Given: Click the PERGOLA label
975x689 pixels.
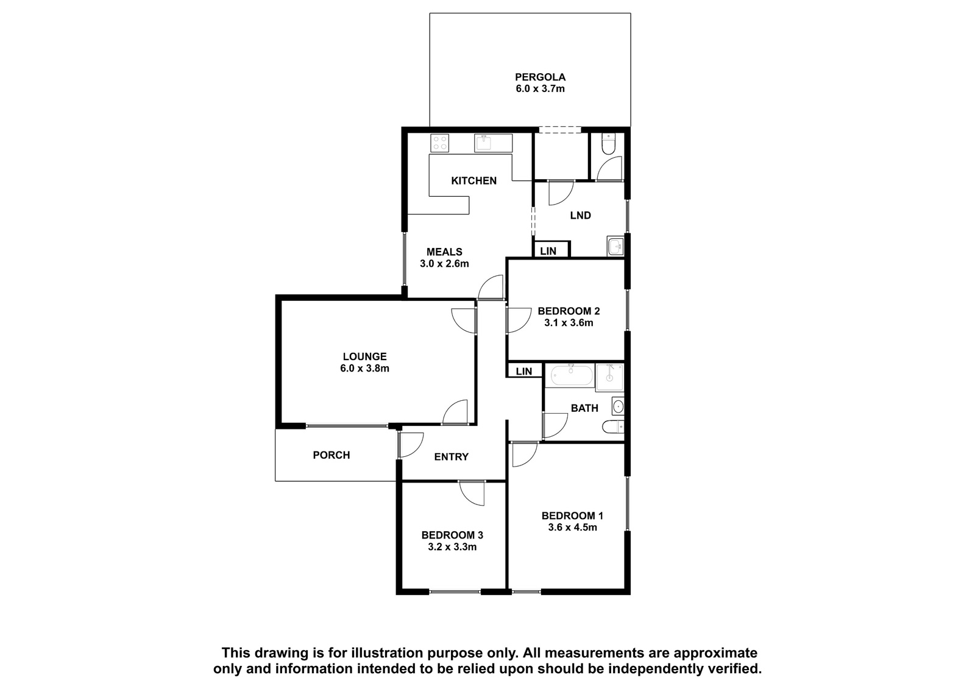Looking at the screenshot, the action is tap(540, 77).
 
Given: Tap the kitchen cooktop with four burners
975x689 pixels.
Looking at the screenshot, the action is tap(439, 143).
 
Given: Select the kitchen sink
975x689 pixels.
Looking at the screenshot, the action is tap(493, 143).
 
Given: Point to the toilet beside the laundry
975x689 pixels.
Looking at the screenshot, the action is tap(608, 144).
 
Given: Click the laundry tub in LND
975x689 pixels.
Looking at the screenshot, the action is tap(615, 246).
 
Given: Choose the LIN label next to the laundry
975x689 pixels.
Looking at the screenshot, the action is tap(548, 251).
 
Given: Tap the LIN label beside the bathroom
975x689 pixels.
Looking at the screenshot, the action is tap(523, 371).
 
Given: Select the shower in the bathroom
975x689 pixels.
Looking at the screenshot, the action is tap(609, 378).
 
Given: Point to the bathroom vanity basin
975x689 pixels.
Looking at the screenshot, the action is tap(618, 406).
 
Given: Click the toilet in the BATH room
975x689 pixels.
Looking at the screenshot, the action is tap(613, 427).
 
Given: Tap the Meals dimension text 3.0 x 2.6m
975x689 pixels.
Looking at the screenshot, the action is tap(444, 263).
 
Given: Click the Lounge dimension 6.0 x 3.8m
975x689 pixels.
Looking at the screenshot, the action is tap(365, 368).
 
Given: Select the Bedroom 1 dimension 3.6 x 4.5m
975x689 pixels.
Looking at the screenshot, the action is tap(572, 528).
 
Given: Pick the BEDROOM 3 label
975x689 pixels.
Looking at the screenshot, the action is tap(452, 535).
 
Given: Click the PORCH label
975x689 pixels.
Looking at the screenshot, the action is tap(331, 455).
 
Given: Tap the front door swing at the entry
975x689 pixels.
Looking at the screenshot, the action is tap(411, 445).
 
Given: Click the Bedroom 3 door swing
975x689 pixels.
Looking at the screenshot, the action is tap(472, 493).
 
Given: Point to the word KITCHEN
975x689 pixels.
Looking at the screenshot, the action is tap(473, 181).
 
